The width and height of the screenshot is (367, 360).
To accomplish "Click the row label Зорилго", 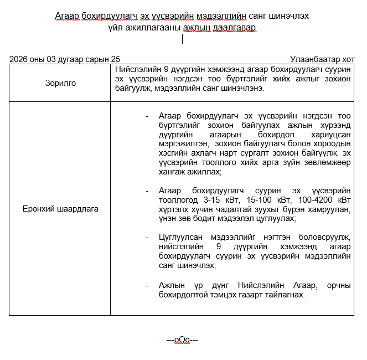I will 60,83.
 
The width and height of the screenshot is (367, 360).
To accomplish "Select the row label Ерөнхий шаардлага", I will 60,209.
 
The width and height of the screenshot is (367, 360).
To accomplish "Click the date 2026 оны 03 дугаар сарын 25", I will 64,59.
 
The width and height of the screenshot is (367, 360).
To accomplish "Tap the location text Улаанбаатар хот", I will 322,59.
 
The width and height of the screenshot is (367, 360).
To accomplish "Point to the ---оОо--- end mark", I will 182,340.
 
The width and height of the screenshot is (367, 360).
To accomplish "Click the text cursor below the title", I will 182,39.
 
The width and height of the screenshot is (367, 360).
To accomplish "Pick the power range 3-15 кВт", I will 218,199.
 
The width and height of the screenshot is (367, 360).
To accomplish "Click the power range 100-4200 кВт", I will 321,199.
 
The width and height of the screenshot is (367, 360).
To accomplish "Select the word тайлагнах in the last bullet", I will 283,294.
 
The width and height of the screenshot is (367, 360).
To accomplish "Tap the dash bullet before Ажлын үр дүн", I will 147,285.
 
